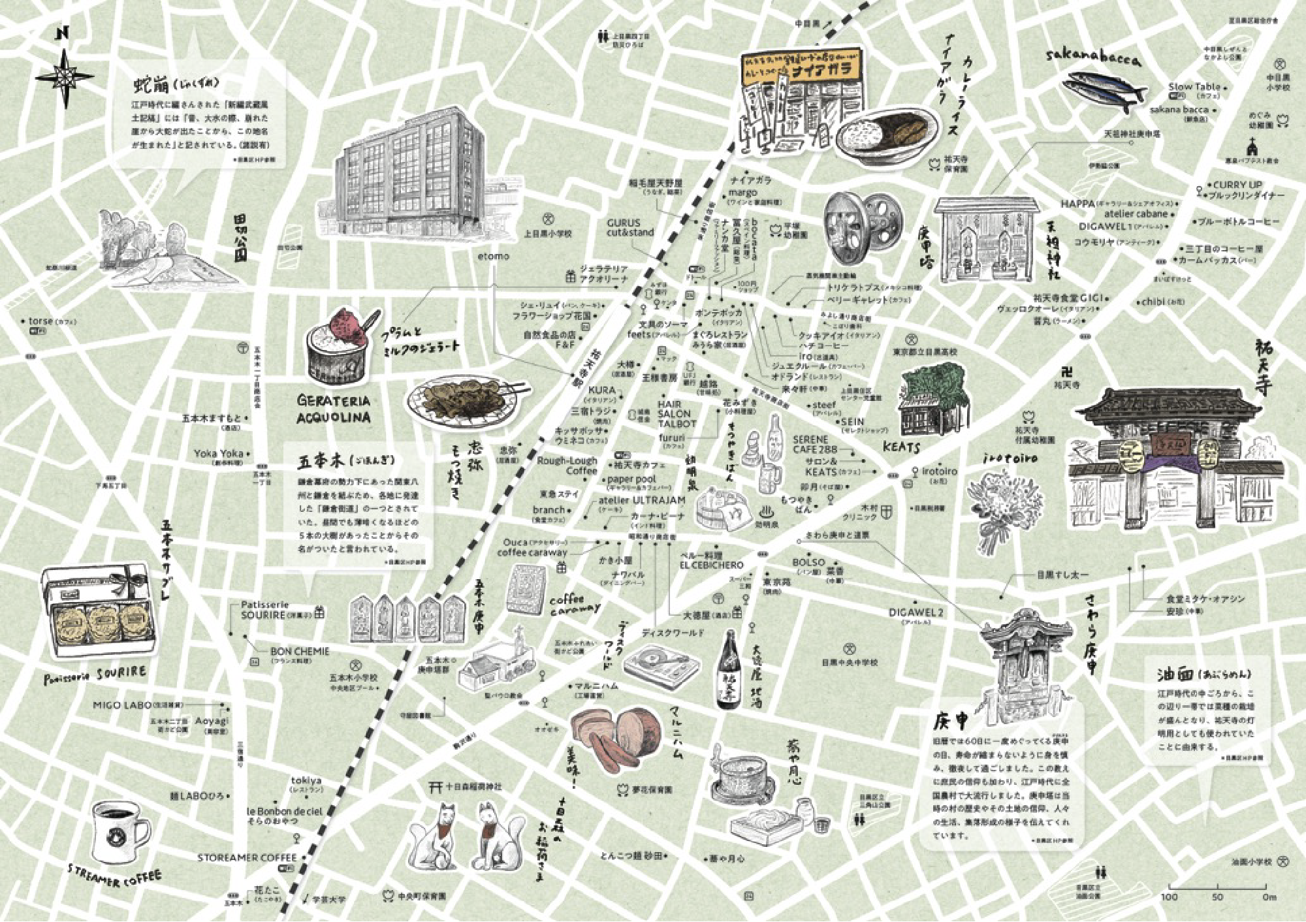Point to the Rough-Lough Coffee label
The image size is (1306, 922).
point(567,466)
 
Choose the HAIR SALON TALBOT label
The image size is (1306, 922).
point(677,414)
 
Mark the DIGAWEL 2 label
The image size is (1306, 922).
point(916,612)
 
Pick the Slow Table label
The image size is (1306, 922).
point(1194,87)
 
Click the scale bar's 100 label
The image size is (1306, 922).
point(1169,897)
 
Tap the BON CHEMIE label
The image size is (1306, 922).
point(300,652)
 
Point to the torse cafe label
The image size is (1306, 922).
point(41,321)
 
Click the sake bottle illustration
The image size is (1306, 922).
point(729,673)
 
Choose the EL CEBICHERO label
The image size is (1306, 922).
point(711,565)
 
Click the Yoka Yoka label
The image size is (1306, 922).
point(218,453)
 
